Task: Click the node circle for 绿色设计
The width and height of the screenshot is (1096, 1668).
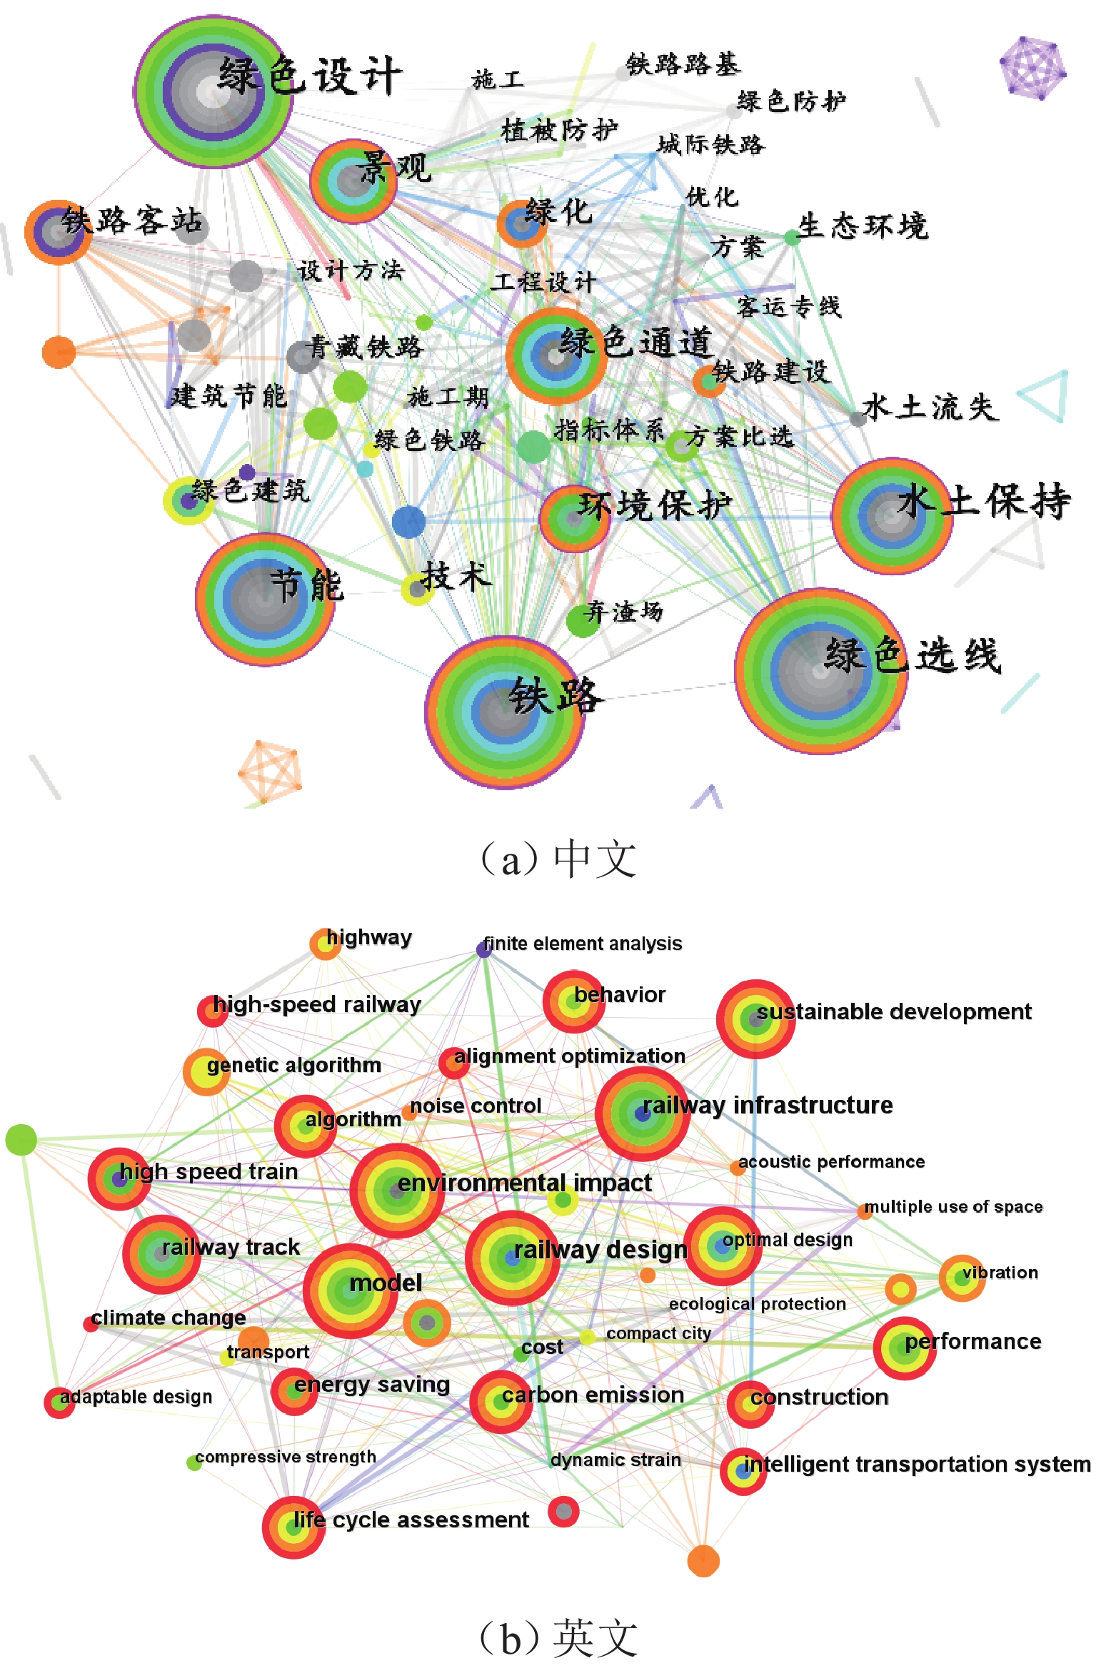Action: point(213,91)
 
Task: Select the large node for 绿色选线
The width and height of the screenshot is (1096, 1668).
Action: point(820,671)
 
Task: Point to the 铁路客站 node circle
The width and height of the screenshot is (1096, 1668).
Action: point(59,232)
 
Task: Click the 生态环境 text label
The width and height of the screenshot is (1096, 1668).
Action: point(863,226)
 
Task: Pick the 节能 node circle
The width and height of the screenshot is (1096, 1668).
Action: point(265,599)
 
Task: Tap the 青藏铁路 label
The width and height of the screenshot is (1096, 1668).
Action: point(366,348)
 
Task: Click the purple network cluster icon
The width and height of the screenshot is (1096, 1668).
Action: point(1032,67)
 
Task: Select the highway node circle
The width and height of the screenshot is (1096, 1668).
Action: point(325,944)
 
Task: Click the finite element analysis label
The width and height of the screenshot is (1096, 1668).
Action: point(583,944)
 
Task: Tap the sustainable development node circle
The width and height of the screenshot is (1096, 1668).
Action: point(755,1019)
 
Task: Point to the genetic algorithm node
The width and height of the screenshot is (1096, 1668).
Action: point(206,1071)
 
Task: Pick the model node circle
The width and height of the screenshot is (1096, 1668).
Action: point(350,1290)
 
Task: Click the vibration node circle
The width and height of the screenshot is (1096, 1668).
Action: point(962,1278)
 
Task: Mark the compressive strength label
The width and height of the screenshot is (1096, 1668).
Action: point(286,1456)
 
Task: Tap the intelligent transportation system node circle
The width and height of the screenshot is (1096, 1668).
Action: point(743,1471)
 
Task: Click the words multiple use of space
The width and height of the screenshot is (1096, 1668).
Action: point(954,1206)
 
